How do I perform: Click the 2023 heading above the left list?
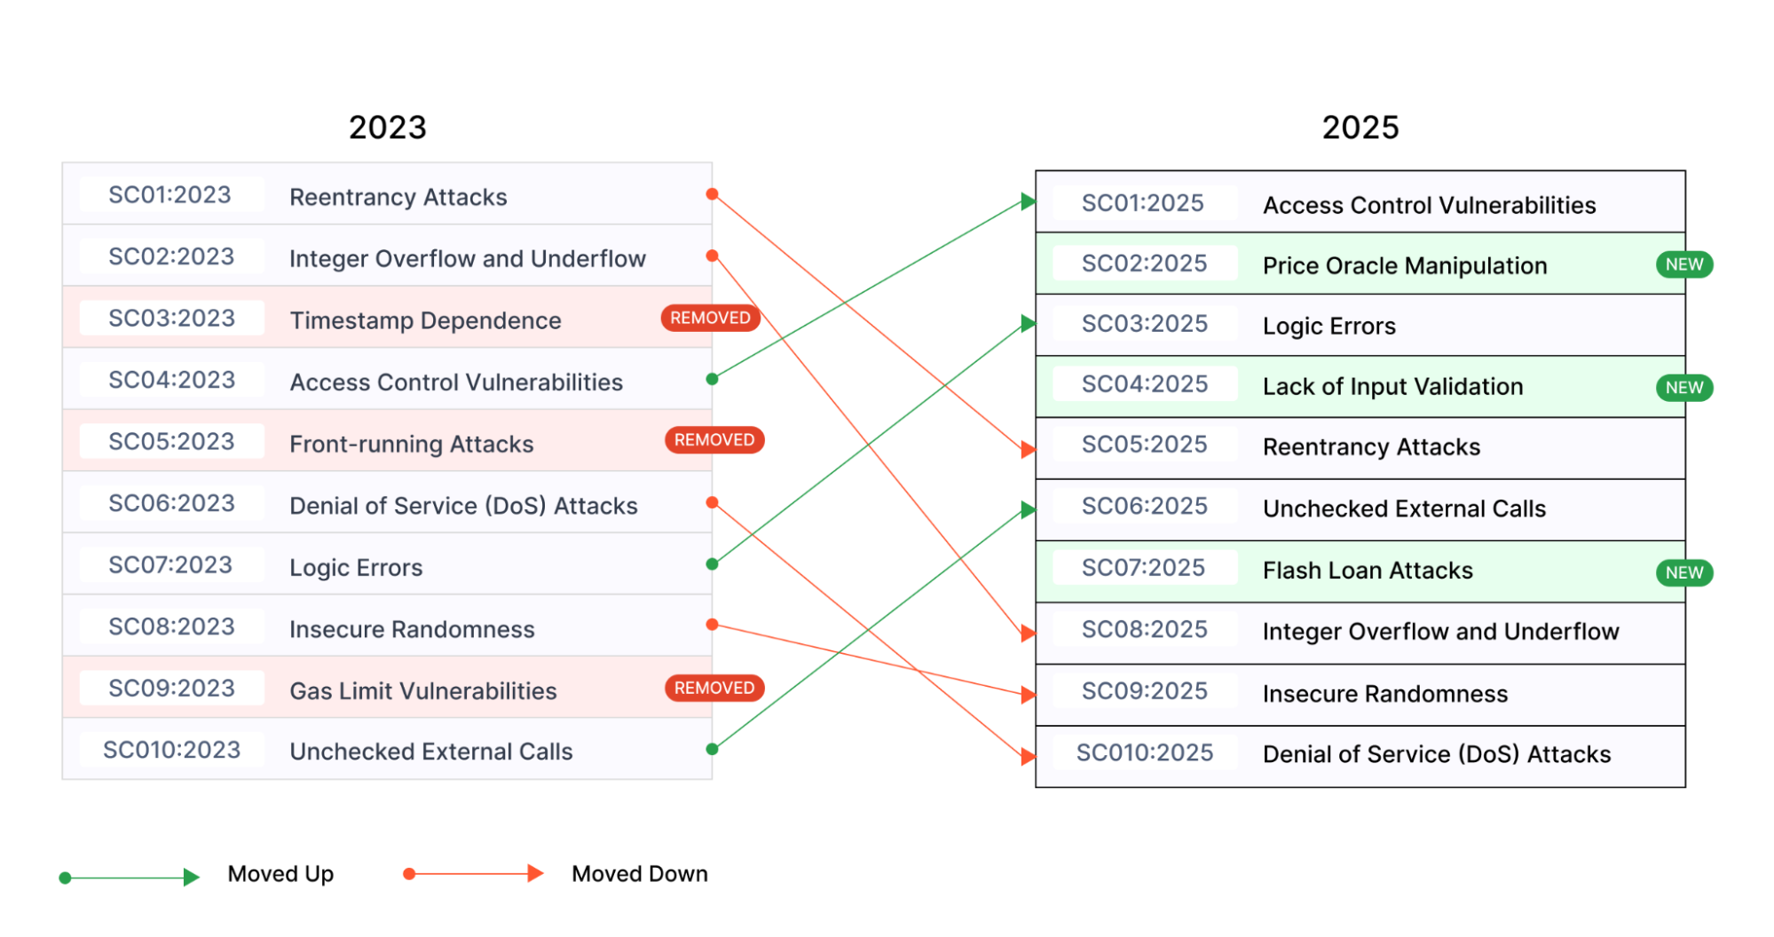387,128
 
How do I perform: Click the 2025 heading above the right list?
1360,128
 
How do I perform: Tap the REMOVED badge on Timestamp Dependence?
710,318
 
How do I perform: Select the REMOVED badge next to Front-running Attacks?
714,440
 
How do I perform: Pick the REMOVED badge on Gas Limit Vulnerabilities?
714,688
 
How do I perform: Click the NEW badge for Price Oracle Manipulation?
1683,264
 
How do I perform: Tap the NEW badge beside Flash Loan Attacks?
1683,572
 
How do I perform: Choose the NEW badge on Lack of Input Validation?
1683,388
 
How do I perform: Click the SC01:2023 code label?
170,195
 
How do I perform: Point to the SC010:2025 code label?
1144,753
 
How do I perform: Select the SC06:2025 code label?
1144,507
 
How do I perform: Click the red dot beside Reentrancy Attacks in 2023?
712,193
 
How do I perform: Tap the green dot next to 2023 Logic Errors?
712,564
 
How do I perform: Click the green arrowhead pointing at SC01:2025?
1028,201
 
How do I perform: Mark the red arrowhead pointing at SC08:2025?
1028,633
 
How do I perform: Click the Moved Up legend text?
280,874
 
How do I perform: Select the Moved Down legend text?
639,874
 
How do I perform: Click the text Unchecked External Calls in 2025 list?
1404,509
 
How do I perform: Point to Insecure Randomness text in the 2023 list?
412,630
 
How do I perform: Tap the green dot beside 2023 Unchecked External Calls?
712,749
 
